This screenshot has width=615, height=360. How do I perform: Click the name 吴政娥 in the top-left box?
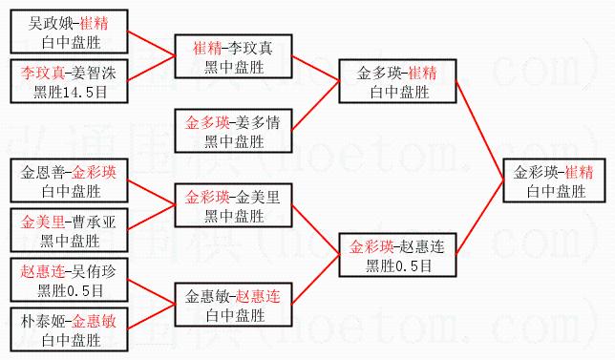click(x=51, y=24)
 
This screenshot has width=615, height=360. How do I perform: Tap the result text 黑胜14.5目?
click(x=70, y=93)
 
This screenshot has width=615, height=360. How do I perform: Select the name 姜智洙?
click(x=94, y=74)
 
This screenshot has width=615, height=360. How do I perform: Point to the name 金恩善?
click(x=43, y=173)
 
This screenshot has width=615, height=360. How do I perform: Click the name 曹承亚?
click(x=94, y=222)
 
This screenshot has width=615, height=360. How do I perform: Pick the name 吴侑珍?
click(x=94, y=272)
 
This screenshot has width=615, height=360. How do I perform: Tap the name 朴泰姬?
click(x=43, y=322)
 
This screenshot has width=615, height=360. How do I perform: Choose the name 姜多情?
click(x=258, y=123)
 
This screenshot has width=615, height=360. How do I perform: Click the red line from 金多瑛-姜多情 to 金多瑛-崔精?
click(x=316, y=105)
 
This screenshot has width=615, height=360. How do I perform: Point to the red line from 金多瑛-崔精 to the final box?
click(x=479, y=131)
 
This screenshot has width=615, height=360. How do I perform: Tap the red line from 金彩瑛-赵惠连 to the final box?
click(x=479, y=218)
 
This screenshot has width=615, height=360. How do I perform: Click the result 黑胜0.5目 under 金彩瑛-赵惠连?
click(x=398, y=266)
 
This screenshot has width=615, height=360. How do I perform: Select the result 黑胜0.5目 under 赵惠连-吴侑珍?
click(x=70, y=291)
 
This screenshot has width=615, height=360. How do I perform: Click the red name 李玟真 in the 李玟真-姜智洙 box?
click(x=43, y=74)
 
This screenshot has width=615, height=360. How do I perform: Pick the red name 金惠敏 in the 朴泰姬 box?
click(x=94, y=322)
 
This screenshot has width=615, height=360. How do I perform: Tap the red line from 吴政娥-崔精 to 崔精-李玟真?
click(x=152, y=44)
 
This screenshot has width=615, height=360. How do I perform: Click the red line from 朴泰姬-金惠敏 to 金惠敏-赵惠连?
click(x=152, y=316)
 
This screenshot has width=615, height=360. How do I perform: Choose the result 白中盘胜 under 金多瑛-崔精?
click(x=399, y=93)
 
